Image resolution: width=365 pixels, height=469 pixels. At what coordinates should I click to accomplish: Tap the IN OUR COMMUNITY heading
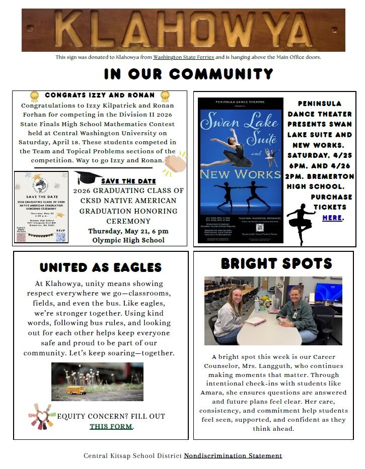coord(188,74)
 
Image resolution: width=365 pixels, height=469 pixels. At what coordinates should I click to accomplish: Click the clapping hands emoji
coord(175,162)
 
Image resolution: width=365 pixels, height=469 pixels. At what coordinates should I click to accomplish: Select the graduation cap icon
coord(87,177)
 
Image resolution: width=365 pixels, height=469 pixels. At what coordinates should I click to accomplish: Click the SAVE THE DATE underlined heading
coord(128,181)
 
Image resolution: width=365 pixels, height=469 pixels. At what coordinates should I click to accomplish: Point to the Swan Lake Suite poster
coord(240,170)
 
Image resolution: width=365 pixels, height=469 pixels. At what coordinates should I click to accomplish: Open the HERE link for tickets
coord(332,218)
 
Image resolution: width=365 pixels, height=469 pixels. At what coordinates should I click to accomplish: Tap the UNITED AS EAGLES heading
coord(101,267)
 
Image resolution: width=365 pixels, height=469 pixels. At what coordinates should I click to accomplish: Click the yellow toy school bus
coord(76,390)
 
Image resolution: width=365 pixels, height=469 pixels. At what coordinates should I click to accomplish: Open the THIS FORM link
coord(111,426)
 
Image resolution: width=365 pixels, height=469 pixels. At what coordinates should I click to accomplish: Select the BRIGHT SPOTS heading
coord(276,263)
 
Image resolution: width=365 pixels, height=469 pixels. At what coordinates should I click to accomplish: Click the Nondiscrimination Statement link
coord(233,456)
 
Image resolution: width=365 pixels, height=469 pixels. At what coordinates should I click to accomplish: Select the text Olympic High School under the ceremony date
coord(128,240)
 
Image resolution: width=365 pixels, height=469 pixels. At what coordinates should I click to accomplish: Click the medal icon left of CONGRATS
coord(34,96)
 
